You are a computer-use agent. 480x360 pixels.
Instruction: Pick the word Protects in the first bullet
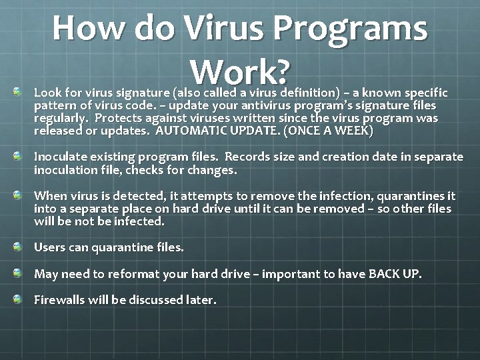[x=117, y=118]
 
